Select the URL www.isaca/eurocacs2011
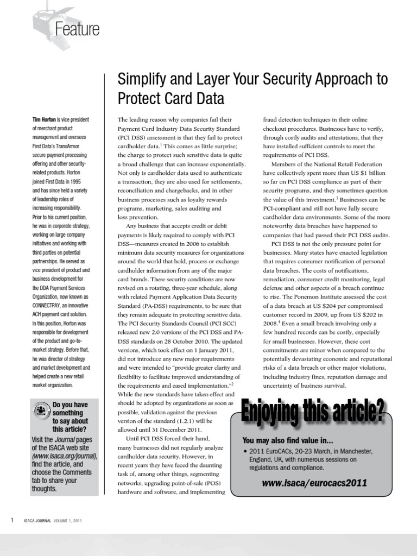314,483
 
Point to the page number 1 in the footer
12,520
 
